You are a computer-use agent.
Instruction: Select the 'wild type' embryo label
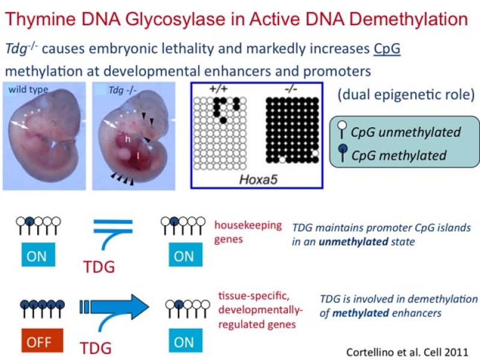click(x=28, y=90)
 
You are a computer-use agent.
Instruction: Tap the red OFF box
click(x=37, y=342)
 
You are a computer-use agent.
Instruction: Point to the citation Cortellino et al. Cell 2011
click(x=406, y=352)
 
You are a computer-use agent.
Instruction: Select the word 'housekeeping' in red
click(x=248, y=225)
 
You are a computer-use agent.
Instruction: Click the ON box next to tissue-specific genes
click(x=184, y=341)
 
